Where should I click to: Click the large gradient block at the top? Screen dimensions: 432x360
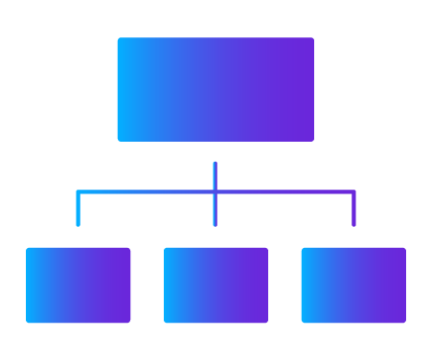click(274, 94)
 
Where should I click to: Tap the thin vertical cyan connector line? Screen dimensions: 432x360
click(214, 175)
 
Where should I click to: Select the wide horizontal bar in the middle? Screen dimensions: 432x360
click(213, 210)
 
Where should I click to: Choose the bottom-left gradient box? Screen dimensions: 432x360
click(94, 292)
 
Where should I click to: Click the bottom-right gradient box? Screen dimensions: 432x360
click(366, 292)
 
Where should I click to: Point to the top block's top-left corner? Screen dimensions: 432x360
click(119, 39)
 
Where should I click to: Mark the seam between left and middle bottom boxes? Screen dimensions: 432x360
click(163, 292)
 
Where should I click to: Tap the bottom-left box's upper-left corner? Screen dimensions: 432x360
click(27, 249)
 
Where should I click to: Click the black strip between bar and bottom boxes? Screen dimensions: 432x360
click(213, 238)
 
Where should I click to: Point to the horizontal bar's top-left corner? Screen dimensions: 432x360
click(78, 191)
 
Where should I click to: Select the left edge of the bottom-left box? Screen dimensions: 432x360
click(27, 292)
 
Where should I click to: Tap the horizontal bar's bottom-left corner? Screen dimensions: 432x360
click(78, 228)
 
